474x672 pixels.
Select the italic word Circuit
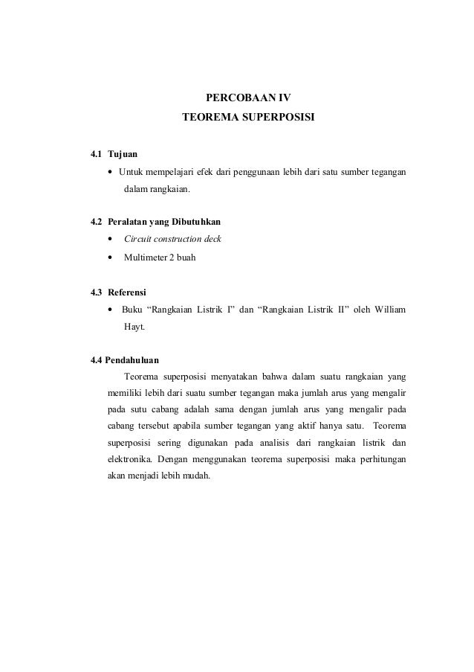click(138, 240)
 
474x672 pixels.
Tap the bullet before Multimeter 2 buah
click(111, 258)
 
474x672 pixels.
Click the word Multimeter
click(146, 258)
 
